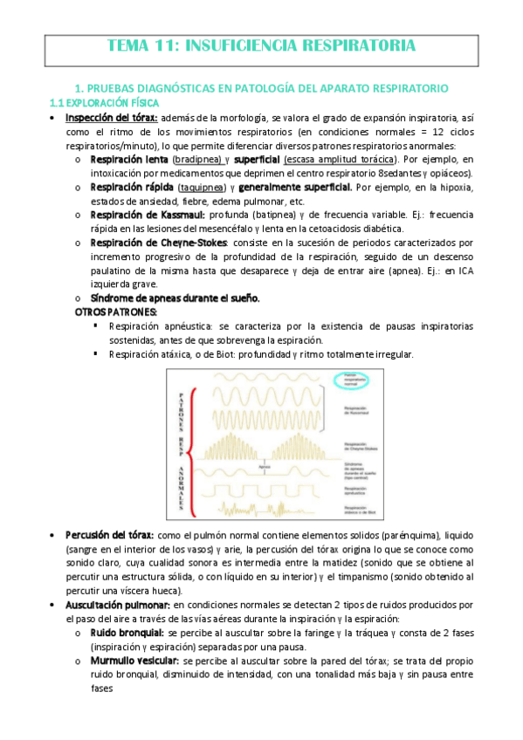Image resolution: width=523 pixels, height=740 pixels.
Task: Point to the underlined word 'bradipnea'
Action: [x=197, y=161]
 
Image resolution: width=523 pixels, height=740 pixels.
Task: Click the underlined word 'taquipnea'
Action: [x=201, y=188]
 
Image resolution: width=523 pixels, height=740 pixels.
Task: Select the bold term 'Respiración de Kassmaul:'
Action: [x=148, y=215]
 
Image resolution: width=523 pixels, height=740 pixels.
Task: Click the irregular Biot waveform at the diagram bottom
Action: [x=262, y=506]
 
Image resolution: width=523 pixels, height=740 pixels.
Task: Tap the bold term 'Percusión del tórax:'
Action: [x=109, y=534]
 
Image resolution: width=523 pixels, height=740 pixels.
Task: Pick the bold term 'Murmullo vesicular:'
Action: [x=135, y=661]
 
